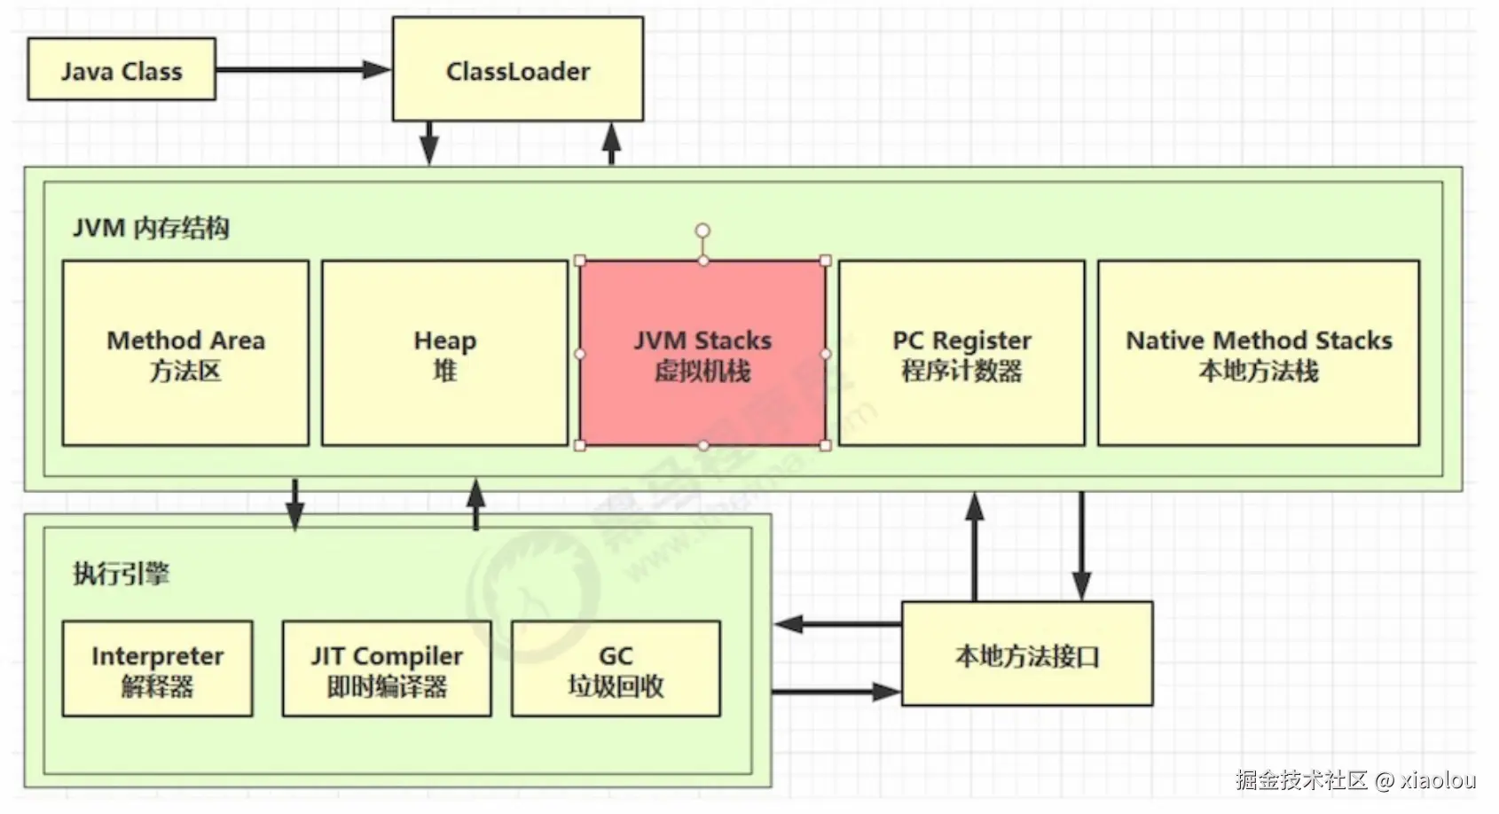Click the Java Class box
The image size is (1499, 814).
click(122, 69)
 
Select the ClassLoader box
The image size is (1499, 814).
click(518, 69)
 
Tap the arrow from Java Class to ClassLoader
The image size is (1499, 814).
click(302, 69)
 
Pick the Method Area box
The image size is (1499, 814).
click(185, 353)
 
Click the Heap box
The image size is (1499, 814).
click(444, 353)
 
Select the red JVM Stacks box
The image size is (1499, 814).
click(702, 353)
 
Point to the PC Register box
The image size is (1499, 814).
click(961, 353)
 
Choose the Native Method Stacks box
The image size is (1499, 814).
click(1258, 353)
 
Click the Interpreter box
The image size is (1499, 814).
click(157, 669)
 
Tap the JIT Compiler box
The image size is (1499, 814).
click(387, 669)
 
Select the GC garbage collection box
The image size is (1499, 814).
click(616, 669)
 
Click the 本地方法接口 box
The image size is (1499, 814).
click(1027, 654)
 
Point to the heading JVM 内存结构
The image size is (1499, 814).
click(151, 228)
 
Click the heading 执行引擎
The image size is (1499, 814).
click(121, 573)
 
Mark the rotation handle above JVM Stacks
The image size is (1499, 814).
click(702, 231)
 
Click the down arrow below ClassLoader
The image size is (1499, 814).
click(429, 144)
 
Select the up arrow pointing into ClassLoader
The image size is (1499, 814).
click(611, 144)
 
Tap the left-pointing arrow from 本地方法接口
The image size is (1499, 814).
click(838, 624)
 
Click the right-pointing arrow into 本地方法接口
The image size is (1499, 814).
click(838, 692)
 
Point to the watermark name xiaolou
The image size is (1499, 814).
click(1438, 780)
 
